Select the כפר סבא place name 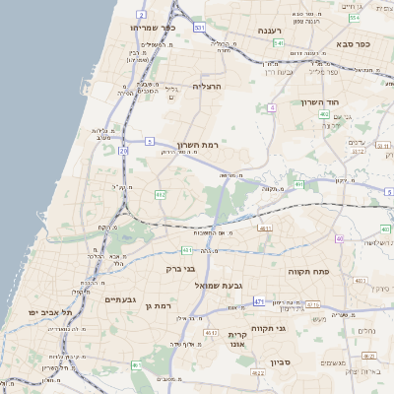click(352, 43)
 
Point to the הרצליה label click(207, 87)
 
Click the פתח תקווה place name click(307, 270)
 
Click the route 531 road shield click(200, 28)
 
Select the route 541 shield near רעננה click(279, 43)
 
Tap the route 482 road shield click(161, 195)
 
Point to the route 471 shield click(258, 301)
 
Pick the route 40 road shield click(338, 238)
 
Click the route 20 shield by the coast click(124, 151)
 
